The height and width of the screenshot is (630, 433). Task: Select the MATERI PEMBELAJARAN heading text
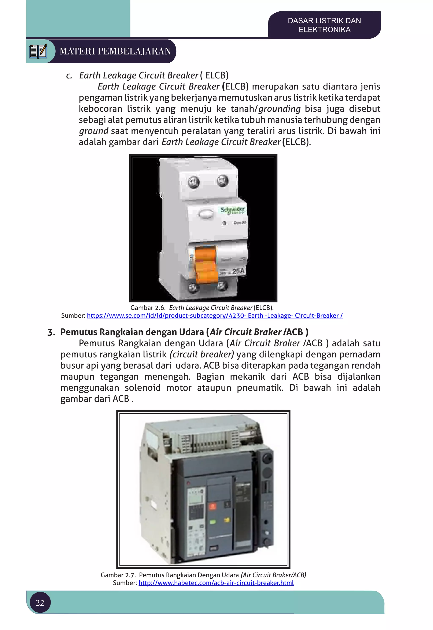(115, 51)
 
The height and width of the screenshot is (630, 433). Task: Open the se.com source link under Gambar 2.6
(215, 316)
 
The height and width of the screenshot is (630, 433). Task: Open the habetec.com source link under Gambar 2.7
(216, 583)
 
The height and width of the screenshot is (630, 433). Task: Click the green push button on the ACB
(212, 522)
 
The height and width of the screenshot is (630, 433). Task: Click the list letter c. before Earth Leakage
(69, 75)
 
